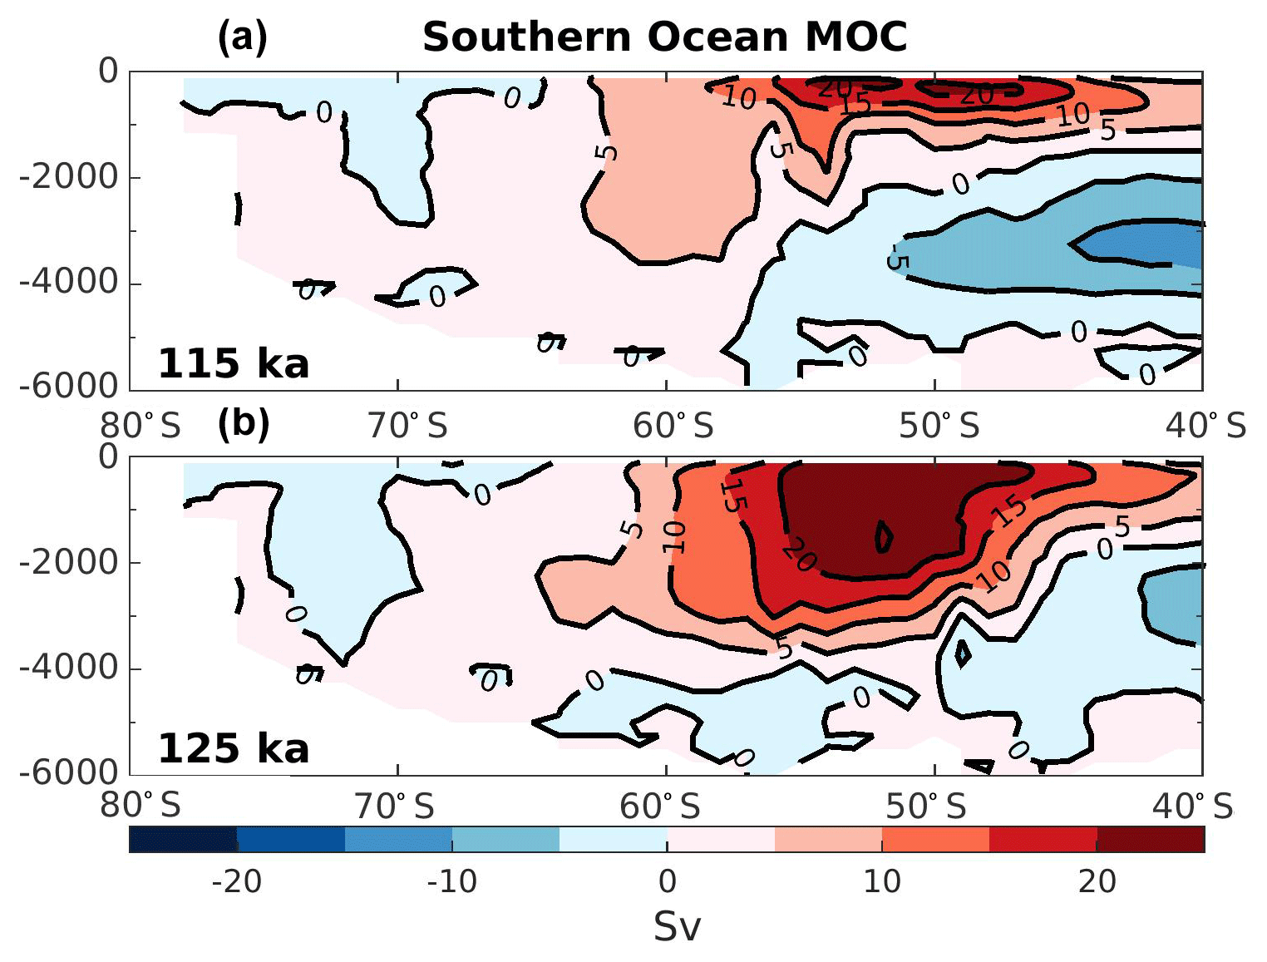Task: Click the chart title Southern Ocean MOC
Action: click(x=664, y=37)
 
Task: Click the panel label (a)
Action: click(x=242, y=37)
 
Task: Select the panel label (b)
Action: click(x=244, y=423)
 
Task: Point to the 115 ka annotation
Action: click(x=233, y=364)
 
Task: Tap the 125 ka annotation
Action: click(x=233, y=748)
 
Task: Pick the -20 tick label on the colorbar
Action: click(x=237, y=881)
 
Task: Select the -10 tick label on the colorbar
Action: click(x=451, y=881)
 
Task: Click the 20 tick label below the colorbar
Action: click(x=1097, y=881)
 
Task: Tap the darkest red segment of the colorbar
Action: click(x=1151, y=840)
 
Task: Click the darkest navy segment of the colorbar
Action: click(x=183, y=840)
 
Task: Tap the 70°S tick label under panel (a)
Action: click(x=407, y=427)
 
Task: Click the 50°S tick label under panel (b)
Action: click(x=926, y=806)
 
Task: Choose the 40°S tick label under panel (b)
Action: click(x=1192, y=806)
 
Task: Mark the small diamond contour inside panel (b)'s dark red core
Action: click(x=885, y=536)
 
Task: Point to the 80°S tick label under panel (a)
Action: click(x=141, y=427)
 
